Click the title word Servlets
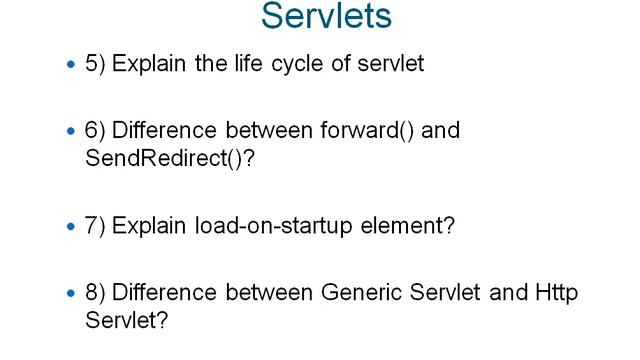[326, 17]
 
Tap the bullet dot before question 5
[70, 65]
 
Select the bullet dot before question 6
[70, 131]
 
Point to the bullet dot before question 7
[70, 227]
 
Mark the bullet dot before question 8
[70, 294]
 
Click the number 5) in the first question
[97, 64]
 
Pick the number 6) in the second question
[97, 130]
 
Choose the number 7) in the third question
[97, 226]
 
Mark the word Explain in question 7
[145, 226]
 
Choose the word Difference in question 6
[161, 130]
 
